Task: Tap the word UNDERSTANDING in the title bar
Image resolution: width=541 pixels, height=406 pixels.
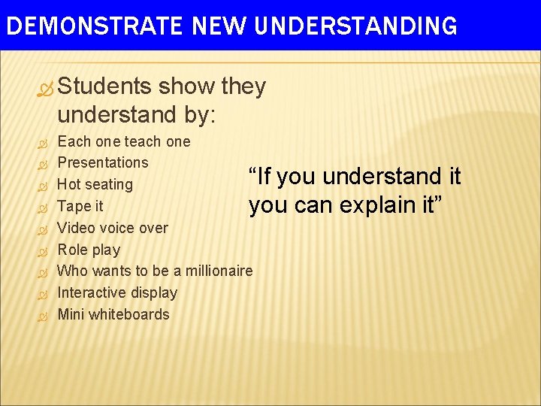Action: pyautogui.click(x=356, y=26)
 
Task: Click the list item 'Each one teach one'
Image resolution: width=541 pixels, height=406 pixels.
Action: pyautogui.click(x=124, y=141)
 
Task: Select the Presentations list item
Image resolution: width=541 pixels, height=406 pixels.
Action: pyautogui.click(x=103, y=162)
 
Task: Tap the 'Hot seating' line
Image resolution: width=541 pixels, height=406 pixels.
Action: pyautogui.click(x=95, y=184)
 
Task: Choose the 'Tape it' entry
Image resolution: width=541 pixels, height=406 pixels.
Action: pyautogui.click(x=80, y=206)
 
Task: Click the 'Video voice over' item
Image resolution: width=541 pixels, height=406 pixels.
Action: pyautogui.click(x=113, y=228)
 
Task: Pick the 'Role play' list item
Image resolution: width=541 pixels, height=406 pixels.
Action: pyautogui.click(x=89, y=250)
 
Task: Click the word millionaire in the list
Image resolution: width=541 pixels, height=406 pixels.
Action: pyautogui.click(x=219, y=271)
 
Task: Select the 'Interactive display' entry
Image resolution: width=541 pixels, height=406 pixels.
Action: pyautogui.click(x=117, y=292)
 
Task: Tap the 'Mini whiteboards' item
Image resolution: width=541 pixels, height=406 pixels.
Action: pyautogui.click(x=113, y=314)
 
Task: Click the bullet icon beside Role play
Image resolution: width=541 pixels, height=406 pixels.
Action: pyautogui.click(x=42, y=250)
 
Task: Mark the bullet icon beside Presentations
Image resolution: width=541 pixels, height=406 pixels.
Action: pyautogui.click(x=42, y=163)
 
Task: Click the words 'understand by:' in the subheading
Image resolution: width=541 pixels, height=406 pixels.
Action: pyautogui.click(x=136, y=116)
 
